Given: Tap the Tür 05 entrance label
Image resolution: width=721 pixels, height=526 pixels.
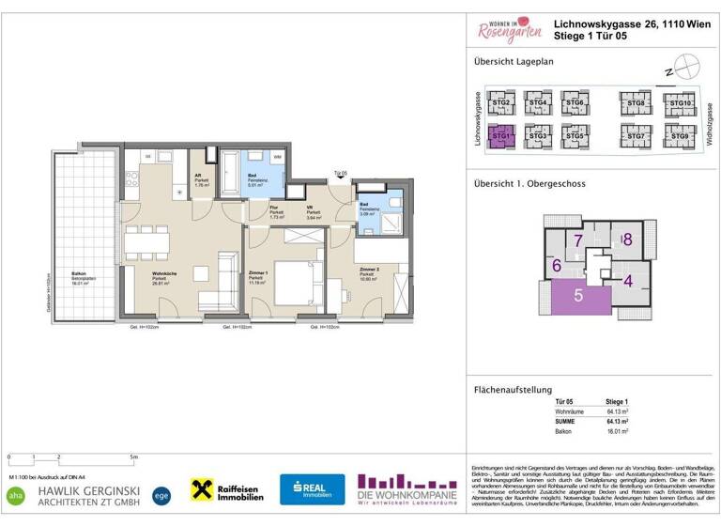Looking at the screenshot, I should coord(340,174).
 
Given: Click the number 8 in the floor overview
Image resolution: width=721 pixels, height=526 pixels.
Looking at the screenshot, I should coord(627,240).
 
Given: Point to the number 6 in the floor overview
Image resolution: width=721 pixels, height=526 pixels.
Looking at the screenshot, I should coord(557,266).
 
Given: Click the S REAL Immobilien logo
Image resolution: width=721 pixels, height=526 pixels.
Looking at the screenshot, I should coord(312,489).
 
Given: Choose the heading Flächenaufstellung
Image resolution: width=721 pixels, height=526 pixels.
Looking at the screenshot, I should coord(512,390).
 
